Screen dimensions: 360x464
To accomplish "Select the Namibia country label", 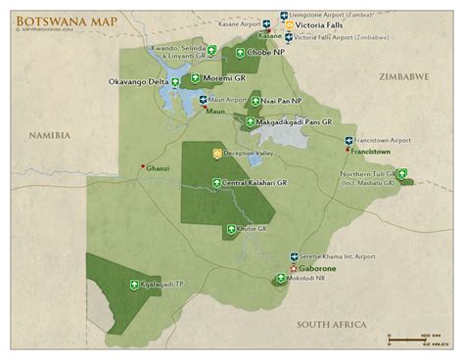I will coord(50,136).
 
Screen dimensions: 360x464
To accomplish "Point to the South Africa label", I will coord(333,324).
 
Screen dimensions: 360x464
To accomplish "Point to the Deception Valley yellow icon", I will coord(217,154).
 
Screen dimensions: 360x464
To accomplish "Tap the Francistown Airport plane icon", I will coord(349,142).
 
